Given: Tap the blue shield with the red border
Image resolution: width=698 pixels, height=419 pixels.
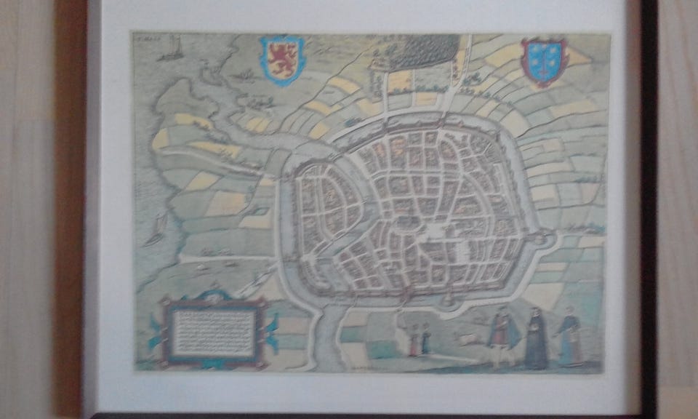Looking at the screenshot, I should point(543,62).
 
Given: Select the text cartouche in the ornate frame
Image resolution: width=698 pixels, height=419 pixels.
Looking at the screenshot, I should point(214,332).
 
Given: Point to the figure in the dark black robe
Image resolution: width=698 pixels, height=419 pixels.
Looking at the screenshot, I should point(536,338).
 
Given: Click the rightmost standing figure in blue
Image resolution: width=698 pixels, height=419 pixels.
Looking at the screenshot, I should point(570,338).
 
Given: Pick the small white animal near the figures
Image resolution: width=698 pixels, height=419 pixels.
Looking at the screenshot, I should point(467,339).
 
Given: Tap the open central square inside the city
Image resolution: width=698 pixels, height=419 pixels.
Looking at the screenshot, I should point(433,232).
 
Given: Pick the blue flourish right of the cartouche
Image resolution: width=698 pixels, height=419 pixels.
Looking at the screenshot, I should point(273,331).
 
